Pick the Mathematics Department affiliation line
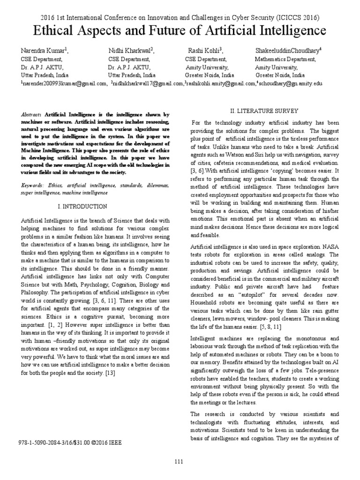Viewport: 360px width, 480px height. (285, 60)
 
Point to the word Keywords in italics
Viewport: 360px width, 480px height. (32, 186)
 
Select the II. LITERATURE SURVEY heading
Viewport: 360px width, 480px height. (264, 111)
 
